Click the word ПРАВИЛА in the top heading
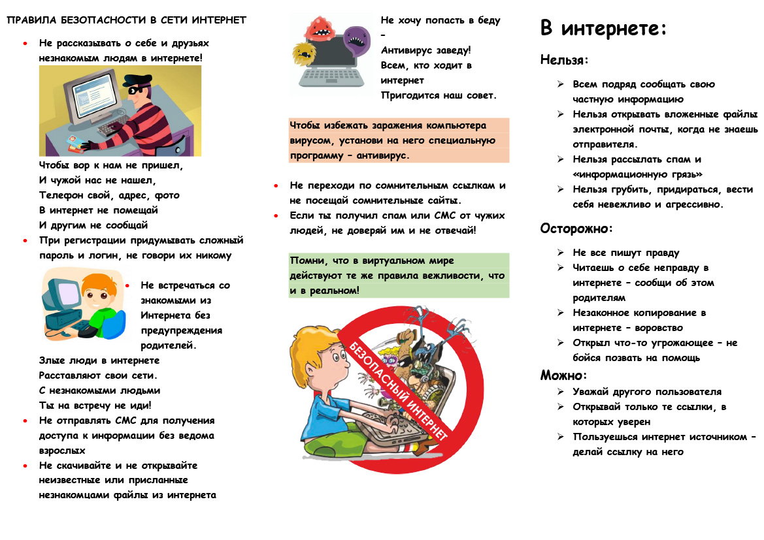point(31,20)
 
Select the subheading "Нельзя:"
point(564,60)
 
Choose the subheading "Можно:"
point(563,375)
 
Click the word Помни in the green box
point(307,261)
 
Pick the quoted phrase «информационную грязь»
point(637,174)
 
